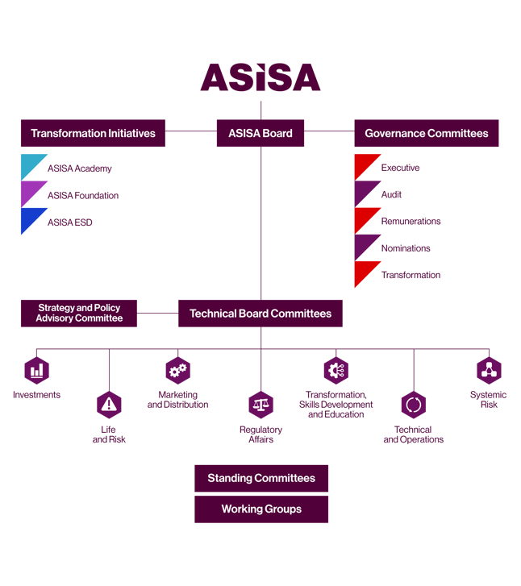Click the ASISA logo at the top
pyautogui.click(x=260, y=77)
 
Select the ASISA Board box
pyautogui.click(x=260, y=133)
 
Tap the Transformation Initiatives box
pyautogui.click(x=93, y=133)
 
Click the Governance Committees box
pyautogui.click(x=426, y=133)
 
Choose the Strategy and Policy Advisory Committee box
pyautogui.click(x=79, y=313)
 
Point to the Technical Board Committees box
pyautogui.click(x=260, y=314)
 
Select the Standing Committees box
pyautogui.click(x=260, y=478)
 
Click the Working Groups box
pyautogui.click(x=260, y=509)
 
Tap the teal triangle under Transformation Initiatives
pyautogui.click(x=31, y=164)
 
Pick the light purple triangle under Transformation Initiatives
pyautogui.click(x=31, y=192)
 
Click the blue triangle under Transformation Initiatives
pyautogui.click(x=31, y=218)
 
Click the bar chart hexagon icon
pyautogui.click(x=37, y=371)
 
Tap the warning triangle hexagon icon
pyautogui.click(x=109, y=405)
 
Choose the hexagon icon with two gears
pyautogui.click(x=177, y=371)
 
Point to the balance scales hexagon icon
pyautogui.click(x=260, y=405)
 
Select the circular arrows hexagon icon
pyautogui.click(x=413, y=405)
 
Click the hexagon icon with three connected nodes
pyautogui.click(x=489, y=371)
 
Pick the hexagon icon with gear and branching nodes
pyautogui.click(x=336, y=371)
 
